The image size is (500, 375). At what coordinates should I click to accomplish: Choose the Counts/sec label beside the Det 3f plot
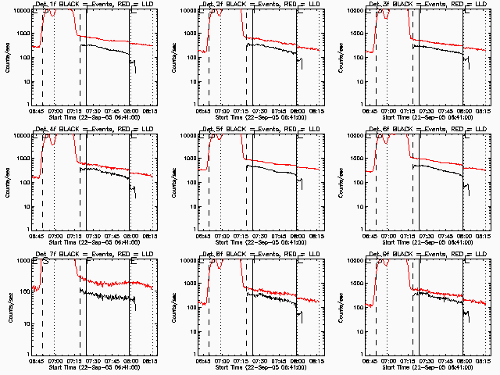tap(340, 56)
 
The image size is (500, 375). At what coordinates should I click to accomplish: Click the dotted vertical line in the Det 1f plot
tap(54, 62)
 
